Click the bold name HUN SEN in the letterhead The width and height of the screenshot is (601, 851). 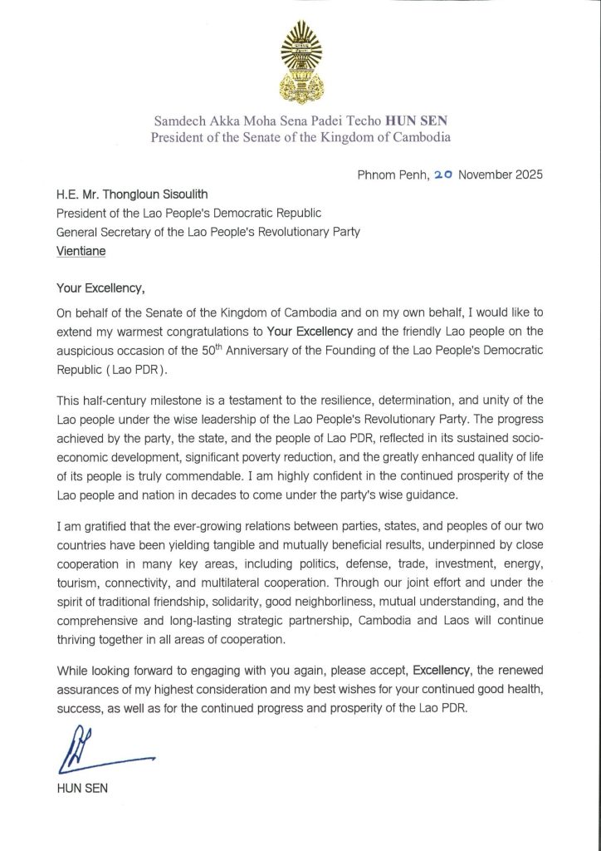coord(426,121)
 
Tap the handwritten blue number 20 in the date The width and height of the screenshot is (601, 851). coord(440,176)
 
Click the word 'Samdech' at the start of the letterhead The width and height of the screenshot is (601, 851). coord(178,121)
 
